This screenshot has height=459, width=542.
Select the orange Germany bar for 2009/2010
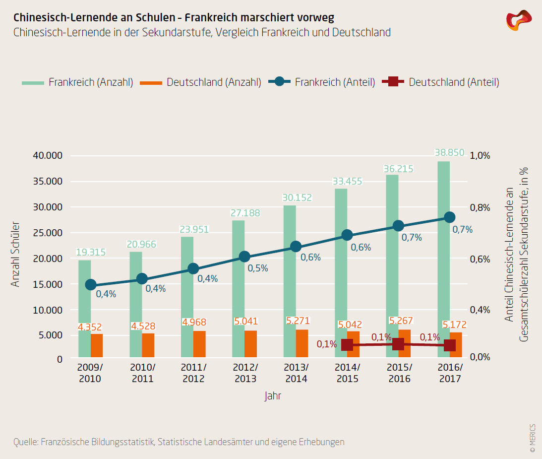pos(97,345)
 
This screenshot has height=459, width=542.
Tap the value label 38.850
pos(449,152)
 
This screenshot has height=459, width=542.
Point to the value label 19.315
pos(91,252)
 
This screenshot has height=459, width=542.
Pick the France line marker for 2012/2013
pos(244,257)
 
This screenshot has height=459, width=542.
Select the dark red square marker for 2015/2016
pos(398,344)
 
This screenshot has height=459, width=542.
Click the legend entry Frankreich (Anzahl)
pos(78,82)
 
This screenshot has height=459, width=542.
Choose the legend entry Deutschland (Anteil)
pos(441,82)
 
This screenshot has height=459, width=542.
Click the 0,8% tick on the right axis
pos(479,207)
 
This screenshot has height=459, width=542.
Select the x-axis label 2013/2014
pos(296,373)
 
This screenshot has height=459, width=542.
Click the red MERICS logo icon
pos(518,20)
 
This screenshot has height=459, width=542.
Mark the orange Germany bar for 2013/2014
pos(302,343)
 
